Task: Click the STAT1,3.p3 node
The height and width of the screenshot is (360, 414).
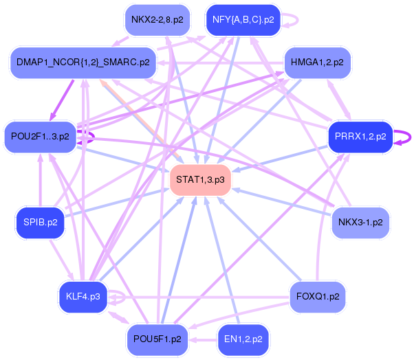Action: coord(200,180)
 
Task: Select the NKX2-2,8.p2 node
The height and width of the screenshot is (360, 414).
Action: coord(157,20)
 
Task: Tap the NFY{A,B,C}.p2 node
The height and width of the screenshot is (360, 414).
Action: coord(243,20)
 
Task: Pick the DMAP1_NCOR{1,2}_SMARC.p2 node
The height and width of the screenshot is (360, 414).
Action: coord(83,63)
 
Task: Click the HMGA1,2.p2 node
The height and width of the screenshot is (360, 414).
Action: coord(317,63)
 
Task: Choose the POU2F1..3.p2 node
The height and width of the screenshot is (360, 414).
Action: coord(40,137)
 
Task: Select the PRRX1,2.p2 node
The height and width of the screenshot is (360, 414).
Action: coord(360,137)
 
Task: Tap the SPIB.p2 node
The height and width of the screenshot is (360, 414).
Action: coord(41,223)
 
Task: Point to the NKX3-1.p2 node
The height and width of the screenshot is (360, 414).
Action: coord(360,223)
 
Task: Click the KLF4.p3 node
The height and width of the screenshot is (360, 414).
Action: coord(83,297)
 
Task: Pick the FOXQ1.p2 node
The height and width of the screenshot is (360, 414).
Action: coord(318,297)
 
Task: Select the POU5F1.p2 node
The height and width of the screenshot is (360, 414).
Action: coord(157,339)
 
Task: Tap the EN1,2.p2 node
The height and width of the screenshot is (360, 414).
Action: coord(243,339)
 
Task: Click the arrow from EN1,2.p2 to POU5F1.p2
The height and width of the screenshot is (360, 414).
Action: coord(203,339)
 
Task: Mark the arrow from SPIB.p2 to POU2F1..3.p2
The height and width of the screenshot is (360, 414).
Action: coord(41,180)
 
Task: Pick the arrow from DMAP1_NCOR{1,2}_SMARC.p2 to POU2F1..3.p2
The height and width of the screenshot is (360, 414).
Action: coord(61,100)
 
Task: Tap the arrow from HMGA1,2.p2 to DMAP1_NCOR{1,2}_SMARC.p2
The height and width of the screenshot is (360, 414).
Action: coord(220,63)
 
